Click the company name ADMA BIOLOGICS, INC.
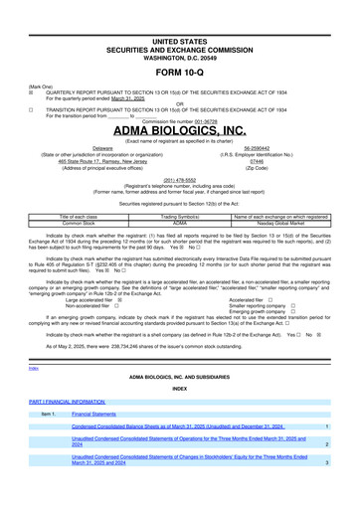179,130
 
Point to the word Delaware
102,147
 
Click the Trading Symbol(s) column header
180,217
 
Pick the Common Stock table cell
91,224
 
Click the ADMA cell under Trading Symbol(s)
180,224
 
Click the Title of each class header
91,217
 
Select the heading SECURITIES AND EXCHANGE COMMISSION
179,22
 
